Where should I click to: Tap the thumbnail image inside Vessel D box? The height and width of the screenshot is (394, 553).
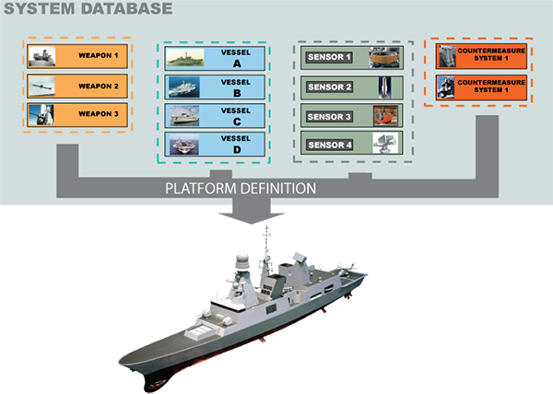click(182, 144)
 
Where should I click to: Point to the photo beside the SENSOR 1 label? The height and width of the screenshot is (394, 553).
click(382, 58)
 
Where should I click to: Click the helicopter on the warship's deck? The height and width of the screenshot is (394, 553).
click(348, 268)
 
